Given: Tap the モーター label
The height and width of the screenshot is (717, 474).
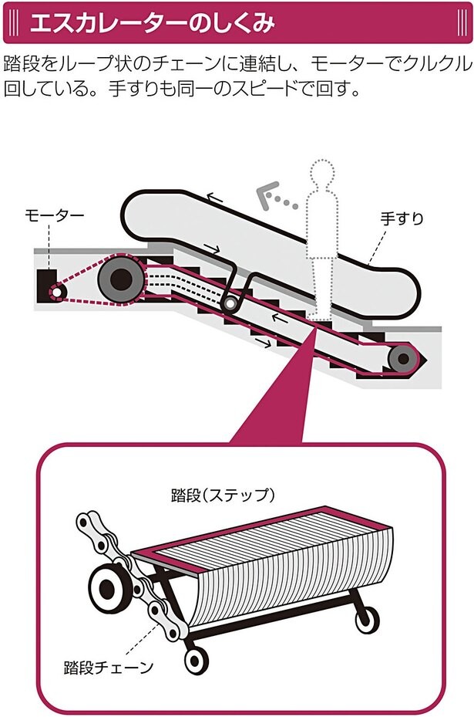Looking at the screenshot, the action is coord(55,215).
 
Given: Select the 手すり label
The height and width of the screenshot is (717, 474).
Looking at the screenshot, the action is coord(402,218).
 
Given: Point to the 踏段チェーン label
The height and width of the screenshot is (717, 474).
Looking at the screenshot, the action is coord(109,668).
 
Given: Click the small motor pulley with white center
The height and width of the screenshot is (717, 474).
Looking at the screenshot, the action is coord(56,291).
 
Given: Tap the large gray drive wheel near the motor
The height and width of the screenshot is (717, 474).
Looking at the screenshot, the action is coord(121,279).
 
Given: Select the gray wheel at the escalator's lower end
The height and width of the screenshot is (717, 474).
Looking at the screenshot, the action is coord(402,359).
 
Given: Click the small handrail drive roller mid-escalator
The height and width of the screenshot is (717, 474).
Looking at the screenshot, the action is coord(229,303).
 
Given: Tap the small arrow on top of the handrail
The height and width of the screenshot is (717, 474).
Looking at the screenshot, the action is coord(216,198).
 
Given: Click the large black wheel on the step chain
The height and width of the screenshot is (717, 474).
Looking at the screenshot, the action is coord(108,587).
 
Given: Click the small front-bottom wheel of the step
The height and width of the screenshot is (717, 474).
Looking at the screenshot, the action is coord(197,660).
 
